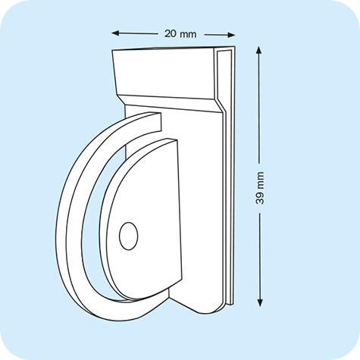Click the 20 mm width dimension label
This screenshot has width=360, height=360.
(180, 34)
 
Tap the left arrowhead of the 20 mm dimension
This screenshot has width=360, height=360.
(116, 33)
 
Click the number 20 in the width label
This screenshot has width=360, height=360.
(171, 34)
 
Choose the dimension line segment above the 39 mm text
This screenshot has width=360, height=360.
(260, 106)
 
